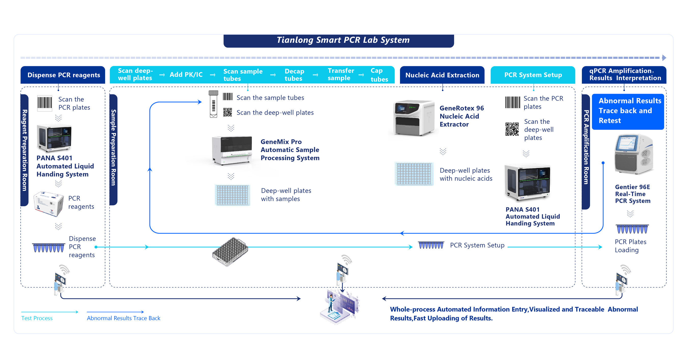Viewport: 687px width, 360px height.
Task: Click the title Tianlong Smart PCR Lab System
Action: pyautogui.click(x=343, y=40)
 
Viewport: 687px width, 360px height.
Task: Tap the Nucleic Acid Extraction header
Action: pyautogui.click(x=442, y=75)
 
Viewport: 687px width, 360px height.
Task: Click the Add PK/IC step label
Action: pyautogui.click(x=186, y=75)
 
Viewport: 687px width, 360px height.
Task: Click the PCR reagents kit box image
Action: pyautogui.click(x=49, y=204)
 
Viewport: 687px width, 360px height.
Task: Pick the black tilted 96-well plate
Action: pyautogui.click(x=230, y=252)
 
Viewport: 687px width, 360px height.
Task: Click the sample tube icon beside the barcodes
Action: pyautogui.click(x=213, y=104)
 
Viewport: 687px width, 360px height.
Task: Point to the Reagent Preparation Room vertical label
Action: pyautogui.click(x=24, y=150)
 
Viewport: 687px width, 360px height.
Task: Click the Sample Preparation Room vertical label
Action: pyautogui.click(x=113, y=148)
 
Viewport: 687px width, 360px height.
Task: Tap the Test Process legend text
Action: pyautogui.click(x=37, y=318)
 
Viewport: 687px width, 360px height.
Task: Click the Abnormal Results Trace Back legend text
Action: pyautogui.click(x=123, y=318)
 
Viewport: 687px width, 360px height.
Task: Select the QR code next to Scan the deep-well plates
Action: pyautogui.click(x=227, y=112)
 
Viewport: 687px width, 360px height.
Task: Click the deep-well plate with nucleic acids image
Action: pyautogui.click(x=414, y=174)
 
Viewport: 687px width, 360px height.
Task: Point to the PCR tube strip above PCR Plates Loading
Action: pyautogui.click(x=632, y=229)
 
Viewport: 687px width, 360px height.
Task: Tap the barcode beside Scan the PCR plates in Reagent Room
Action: pyautogui.click(x=45, y=103)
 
